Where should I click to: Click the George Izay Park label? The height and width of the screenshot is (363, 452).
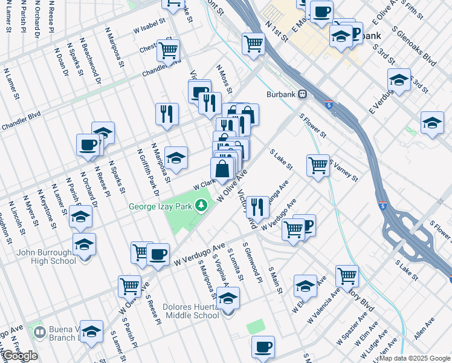160,206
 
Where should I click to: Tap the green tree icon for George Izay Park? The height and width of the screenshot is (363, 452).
204,207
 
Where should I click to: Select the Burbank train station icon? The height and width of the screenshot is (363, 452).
302,94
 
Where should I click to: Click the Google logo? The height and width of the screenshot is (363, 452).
20,356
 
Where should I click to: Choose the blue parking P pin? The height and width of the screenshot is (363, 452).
306,226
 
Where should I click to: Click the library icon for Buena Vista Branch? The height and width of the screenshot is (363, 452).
40,332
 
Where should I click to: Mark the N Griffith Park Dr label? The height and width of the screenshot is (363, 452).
148,172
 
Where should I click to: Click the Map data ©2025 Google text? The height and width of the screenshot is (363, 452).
415,358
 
